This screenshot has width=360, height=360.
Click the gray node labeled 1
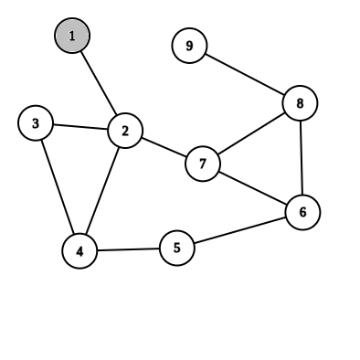click(72, 36)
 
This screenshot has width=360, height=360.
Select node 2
click(125, 131)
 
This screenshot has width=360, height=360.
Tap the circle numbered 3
click(36, 123)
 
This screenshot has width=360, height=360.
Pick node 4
click(80, 250)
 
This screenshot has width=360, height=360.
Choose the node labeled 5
click(177, 247)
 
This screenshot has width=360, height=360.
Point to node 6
click(302, 212)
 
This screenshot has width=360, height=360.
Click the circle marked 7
click(203, 164)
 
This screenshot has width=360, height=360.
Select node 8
click(300, 103)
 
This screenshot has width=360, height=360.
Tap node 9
click(189, 46)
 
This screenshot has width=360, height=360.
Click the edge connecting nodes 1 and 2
click(99, 83)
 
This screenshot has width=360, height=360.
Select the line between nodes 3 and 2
click(80, 127)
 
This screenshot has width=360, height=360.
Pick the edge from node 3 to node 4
click(58, 186)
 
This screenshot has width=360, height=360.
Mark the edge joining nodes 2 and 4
click(103, 190)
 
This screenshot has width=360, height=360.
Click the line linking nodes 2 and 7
click(164, 147)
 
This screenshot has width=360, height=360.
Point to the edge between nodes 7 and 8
click(251, 133)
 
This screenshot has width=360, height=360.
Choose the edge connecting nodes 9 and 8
click(244, 74)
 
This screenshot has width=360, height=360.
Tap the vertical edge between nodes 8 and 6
click(302, 157)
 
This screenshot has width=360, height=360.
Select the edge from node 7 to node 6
click(252, 187)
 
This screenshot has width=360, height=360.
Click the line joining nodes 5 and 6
click(239, 229)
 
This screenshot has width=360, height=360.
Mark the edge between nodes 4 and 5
click(129, 249)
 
